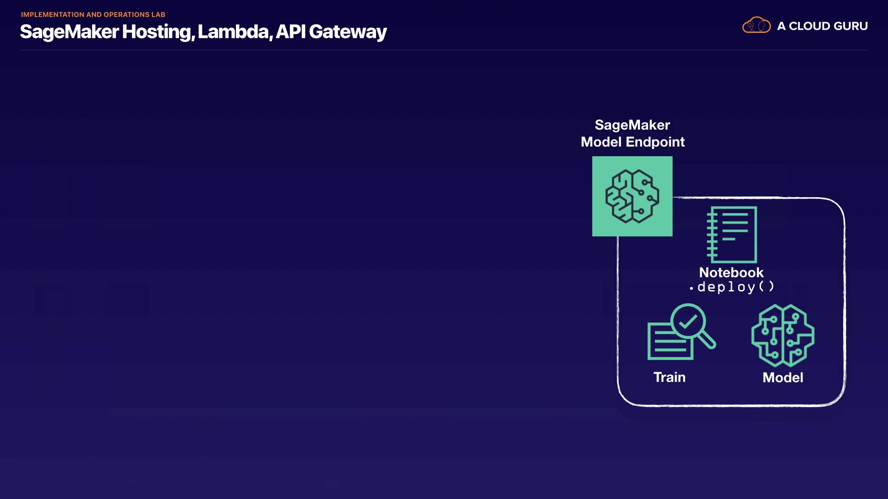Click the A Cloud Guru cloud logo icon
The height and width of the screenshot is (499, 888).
(x=756, y=25)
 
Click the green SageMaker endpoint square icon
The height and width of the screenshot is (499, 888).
(x=632, y=196)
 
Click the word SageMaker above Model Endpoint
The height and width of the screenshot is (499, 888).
(x=632, y=125)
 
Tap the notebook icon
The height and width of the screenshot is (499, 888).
(x=732, y=235)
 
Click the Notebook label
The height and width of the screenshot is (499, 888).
(x=731, y=273)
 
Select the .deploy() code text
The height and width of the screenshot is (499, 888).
(x=732, y=287)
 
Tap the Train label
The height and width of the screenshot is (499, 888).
(x=669, y=377)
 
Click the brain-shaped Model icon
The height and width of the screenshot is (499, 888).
(x=783, y=335)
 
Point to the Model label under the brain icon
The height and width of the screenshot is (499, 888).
(x=783, y=377)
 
